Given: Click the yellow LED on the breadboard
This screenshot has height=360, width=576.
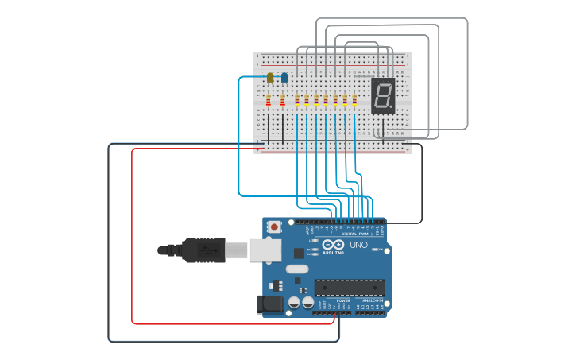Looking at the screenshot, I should pos(270,78).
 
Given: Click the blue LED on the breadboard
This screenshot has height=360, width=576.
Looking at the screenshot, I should pos(284,78).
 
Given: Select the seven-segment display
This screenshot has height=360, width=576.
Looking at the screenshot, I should pos(383,95).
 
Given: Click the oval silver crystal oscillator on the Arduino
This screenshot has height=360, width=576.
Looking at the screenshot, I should pos(297,269).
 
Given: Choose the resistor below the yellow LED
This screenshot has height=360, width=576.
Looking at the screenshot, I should pos(269,101).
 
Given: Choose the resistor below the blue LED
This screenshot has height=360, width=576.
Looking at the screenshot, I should pos(283,101).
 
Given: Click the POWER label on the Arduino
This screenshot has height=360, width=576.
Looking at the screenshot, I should pos(342,300).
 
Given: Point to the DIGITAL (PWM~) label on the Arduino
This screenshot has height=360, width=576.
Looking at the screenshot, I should pos(355,234).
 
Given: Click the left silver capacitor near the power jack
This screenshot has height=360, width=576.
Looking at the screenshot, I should pos(294,303).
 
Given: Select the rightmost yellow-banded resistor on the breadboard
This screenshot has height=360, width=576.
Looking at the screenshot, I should pos(354,100).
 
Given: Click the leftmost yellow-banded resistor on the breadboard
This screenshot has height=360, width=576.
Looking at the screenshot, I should pos(297,100).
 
